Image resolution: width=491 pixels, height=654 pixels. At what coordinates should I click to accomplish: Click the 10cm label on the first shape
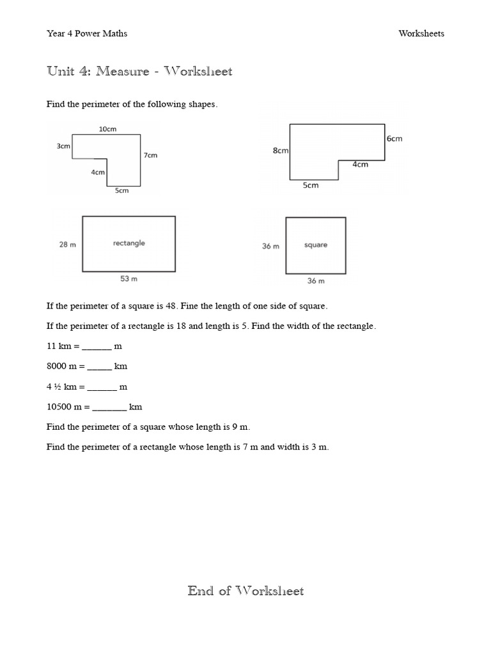point(107,129)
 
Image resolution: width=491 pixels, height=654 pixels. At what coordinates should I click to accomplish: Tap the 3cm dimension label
point(63,146)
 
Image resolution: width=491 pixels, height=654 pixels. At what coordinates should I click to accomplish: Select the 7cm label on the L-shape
point(150,155)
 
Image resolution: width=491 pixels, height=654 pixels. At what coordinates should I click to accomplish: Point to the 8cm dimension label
point(281,151)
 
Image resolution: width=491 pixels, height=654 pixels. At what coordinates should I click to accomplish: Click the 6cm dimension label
point(394,139)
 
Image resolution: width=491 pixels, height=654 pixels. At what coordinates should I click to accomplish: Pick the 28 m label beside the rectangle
point(68,245)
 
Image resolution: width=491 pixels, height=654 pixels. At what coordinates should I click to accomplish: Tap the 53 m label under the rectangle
point(129,278)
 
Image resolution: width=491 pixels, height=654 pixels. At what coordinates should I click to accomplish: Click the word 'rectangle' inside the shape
point(129,243)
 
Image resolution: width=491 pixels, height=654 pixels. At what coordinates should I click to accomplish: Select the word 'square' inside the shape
point(316,245)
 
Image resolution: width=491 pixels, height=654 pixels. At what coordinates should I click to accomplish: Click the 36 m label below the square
point(316,280)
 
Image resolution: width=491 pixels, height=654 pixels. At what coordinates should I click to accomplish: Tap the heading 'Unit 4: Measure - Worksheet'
point(139,72)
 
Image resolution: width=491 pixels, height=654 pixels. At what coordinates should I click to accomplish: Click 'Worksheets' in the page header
point(421,34)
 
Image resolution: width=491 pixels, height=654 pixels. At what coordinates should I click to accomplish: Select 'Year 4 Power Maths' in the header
point(87,34)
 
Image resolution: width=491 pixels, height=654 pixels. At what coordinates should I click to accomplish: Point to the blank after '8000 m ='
point(99,367)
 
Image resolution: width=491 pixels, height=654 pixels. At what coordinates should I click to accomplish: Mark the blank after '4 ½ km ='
point(102,388)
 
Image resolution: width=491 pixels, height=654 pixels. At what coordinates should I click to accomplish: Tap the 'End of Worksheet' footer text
point(245,591)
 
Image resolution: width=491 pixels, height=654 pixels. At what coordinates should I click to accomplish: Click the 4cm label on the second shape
point(361,164)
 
